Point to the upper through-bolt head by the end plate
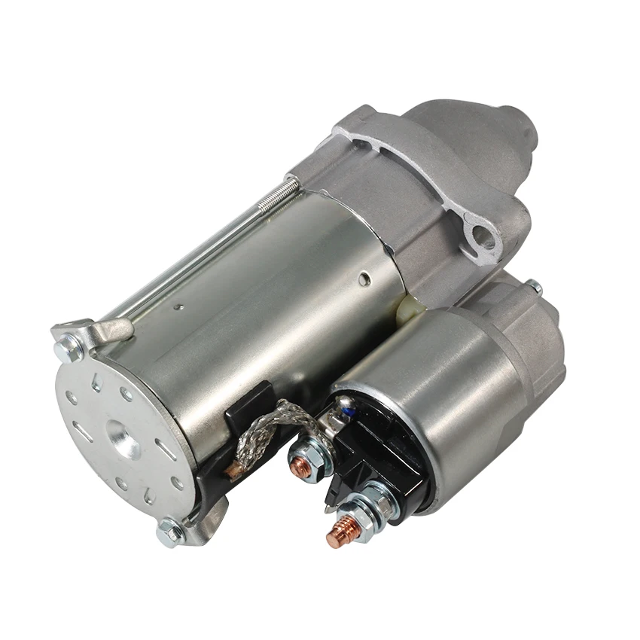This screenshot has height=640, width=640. [x=69, y=347]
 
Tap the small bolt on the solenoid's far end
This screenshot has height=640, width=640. [x=534, y=286]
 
